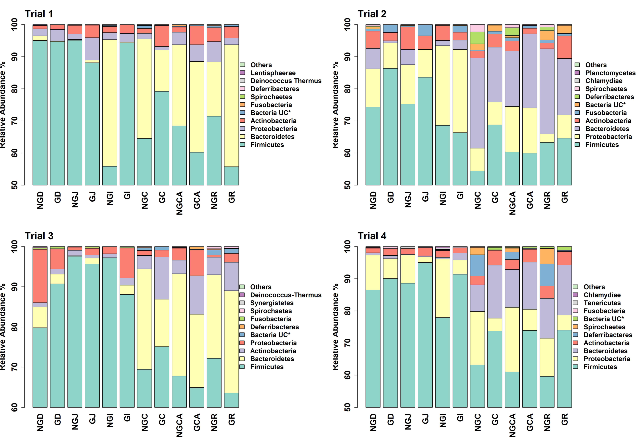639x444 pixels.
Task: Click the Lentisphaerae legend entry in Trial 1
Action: pos(273,73)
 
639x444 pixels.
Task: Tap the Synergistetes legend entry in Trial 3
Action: pos(271,303)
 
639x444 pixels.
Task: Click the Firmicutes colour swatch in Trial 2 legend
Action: pos(577,145)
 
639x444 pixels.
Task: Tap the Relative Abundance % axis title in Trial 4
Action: pos(335,327)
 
